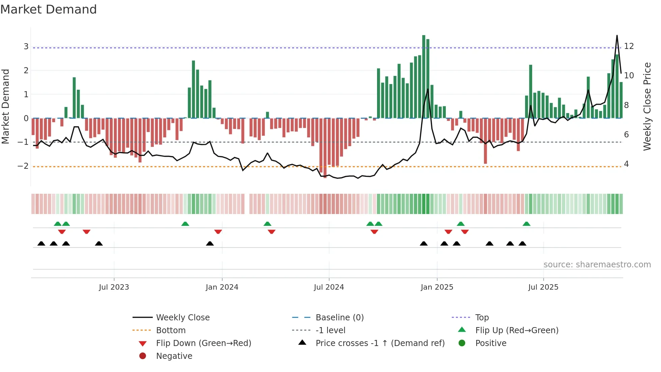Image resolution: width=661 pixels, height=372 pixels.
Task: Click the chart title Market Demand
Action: tap(49, 9)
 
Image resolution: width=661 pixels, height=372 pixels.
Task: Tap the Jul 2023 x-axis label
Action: tap(114, 287)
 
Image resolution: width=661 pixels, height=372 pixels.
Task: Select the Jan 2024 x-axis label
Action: tap(222, 287)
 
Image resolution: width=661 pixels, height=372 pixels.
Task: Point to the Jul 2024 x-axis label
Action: tap(329, 287)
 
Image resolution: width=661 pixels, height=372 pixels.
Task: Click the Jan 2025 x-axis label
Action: tap(437, 287)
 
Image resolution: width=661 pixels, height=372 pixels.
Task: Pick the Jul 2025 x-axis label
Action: tap(543, 287)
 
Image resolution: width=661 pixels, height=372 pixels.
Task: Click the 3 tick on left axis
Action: tap(26, 47)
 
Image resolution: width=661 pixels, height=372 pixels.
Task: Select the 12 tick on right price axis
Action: tap(629, 46)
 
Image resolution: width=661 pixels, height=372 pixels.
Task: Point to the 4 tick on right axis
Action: tap(627, 164)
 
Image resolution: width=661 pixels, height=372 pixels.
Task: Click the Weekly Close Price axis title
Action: tap(647, 106)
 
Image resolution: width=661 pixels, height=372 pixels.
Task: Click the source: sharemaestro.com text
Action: tap(597, 265)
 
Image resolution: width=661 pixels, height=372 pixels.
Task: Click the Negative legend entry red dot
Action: tap(143, 356)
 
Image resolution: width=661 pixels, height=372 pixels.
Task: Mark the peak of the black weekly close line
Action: tap(617, 35)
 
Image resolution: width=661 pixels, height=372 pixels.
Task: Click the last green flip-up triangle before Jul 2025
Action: tap(526, 224)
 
